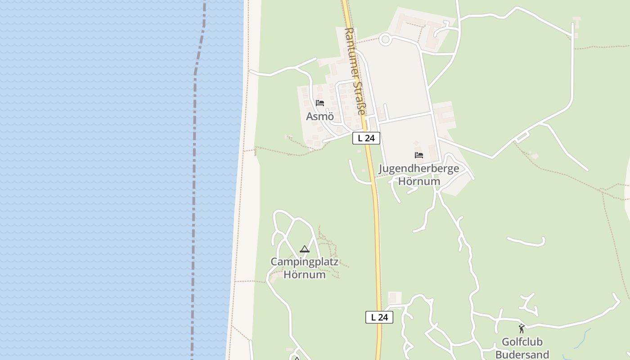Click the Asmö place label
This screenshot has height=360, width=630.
pos(320,117)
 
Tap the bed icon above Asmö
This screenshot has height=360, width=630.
pos(320,103)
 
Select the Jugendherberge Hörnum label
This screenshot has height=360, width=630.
pos(419,175)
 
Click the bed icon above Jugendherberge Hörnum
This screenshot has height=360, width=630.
pos(419,155)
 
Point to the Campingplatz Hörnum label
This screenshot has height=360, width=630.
pos(304,268)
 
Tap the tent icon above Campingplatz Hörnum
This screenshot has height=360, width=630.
pos(305,249)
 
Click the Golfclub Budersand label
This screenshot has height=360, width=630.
pos(522,348)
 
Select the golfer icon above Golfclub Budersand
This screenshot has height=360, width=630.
pos(522,328)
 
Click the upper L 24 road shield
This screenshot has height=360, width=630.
pos(366,138)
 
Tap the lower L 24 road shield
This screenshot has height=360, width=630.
pos(379,317)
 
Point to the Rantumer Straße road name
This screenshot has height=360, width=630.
pos(354,71)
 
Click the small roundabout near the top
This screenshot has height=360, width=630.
pos(385,39)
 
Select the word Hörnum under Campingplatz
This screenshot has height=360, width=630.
pos(304,274)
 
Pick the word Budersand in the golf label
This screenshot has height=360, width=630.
pos(522,354)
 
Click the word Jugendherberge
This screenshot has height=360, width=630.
pos(419,169)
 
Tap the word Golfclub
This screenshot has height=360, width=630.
pos(522,342)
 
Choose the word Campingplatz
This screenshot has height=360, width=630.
pos(304,261)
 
